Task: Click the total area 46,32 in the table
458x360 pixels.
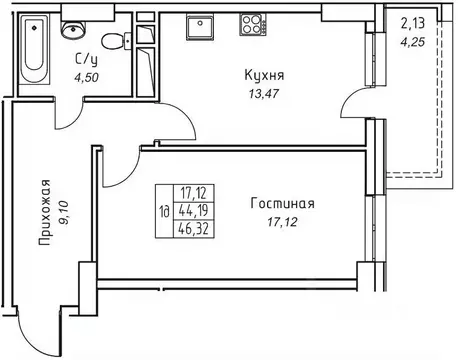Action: pyautogui.click(x=194, y=228)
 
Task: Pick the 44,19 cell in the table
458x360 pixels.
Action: pyautogui.click(x=194, y=210)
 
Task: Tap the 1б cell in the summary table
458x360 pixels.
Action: pyautogui.click(x=163, y=211)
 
